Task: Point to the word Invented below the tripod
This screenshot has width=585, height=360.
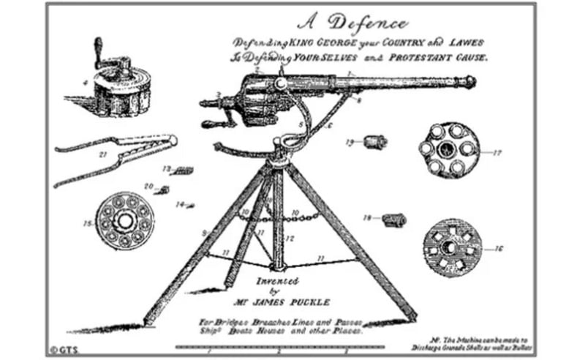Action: [279, 280]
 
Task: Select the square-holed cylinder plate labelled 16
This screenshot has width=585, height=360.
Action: [452, 247]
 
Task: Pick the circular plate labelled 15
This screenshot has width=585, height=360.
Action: [125, 220]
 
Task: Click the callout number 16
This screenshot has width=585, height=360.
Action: [498, 249]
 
